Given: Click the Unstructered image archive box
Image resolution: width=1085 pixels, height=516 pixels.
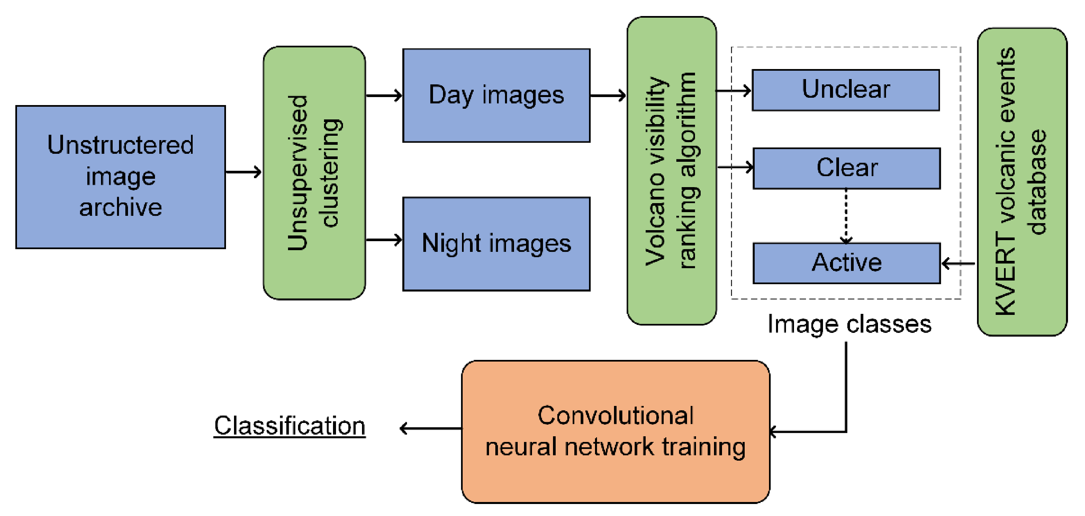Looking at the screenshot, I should [120, 177].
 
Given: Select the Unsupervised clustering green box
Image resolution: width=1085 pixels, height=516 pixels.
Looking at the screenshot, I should [314, 173].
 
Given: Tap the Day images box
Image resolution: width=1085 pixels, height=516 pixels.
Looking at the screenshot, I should [496, 96].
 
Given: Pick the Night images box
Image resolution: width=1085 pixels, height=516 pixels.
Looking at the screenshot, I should [496, 244].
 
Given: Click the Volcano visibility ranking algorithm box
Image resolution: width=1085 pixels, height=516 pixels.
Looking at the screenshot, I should [671, 171].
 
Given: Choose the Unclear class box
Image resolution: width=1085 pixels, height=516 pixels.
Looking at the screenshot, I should [846, 90].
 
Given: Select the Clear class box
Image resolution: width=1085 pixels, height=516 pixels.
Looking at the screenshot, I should [847, 168].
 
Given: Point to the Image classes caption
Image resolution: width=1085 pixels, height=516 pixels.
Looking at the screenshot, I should [849, 324].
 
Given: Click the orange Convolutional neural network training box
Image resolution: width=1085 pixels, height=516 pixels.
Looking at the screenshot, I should [615, 432].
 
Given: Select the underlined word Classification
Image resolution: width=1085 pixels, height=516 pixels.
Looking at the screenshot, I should [289, 426].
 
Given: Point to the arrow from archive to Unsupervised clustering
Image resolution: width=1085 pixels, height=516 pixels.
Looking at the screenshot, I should [243, 172].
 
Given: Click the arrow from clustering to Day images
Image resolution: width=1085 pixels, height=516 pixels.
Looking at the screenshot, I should [384, 96].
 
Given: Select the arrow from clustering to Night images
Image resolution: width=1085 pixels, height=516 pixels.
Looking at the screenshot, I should [384, 240].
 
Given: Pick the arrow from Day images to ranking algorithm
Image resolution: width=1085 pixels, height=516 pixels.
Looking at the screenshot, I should [608, 96].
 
